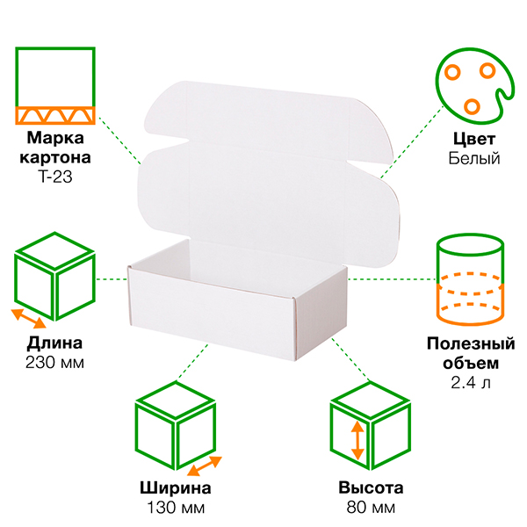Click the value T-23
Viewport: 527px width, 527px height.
click(55, 177)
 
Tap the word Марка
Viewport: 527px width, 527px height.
click(55, 139)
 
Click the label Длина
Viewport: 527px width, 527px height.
click(55, 343)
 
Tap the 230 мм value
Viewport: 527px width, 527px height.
click(55, 362)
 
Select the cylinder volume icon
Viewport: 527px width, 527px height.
click(471, 277)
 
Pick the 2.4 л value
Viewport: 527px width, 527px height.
click(472, 381)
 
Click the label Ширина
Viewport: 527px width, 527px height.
click(175, 488)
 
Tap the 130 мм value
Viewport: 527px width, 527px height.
click(175, 508)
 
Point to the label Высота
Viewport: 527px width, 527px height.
click(370, 488)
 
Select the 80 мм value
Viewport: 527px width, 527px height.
click(370, 508)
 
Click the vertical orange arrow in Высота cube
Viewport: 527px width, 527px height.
click(357, 442)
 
